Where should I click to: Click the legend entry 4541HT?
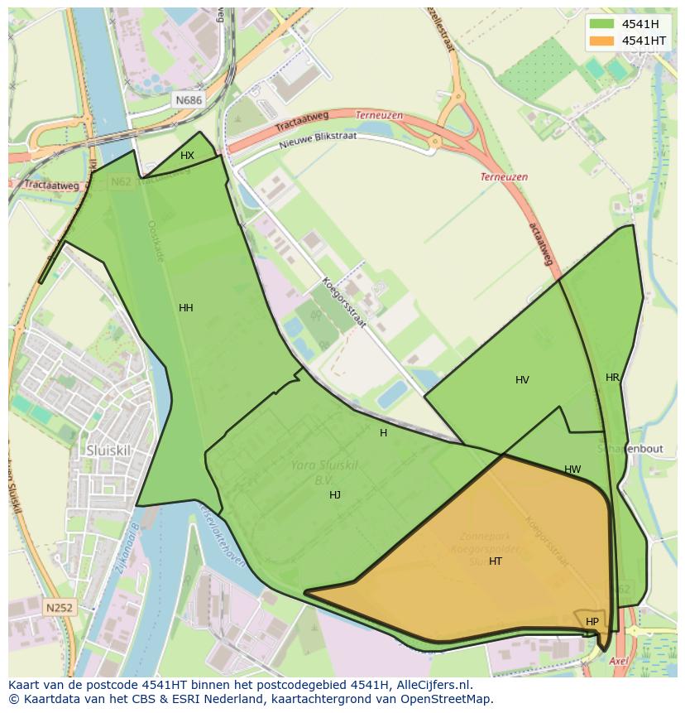(644, 41)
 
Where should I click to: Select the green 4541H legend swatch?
(601, 23)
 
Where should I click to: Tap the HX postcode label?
(188, 156)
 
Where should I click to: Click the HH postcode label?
(186, 308)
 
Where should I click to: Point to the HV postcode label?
(522, 380)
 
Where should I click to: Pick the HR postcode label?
(612, 378)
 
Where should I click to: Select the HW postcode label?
(572, 470)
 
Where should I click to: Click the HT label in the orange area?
(496, 561)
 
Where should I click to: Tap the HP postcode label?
(592, 622)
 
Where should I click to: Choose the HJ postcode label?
(335, 495)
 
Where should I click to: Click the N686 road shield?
(189, 100)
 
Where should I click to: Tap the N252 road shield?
(59, 608)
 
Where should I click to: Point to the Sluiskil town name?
(107, 450)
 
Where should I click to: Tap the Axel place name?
(618, 662)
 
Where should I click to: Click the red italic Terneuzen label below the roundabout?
(504, 177)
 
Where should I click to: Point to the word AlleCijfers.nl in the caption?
(430, 685)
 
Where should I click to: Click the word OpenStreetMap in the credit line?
(452, 699)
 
